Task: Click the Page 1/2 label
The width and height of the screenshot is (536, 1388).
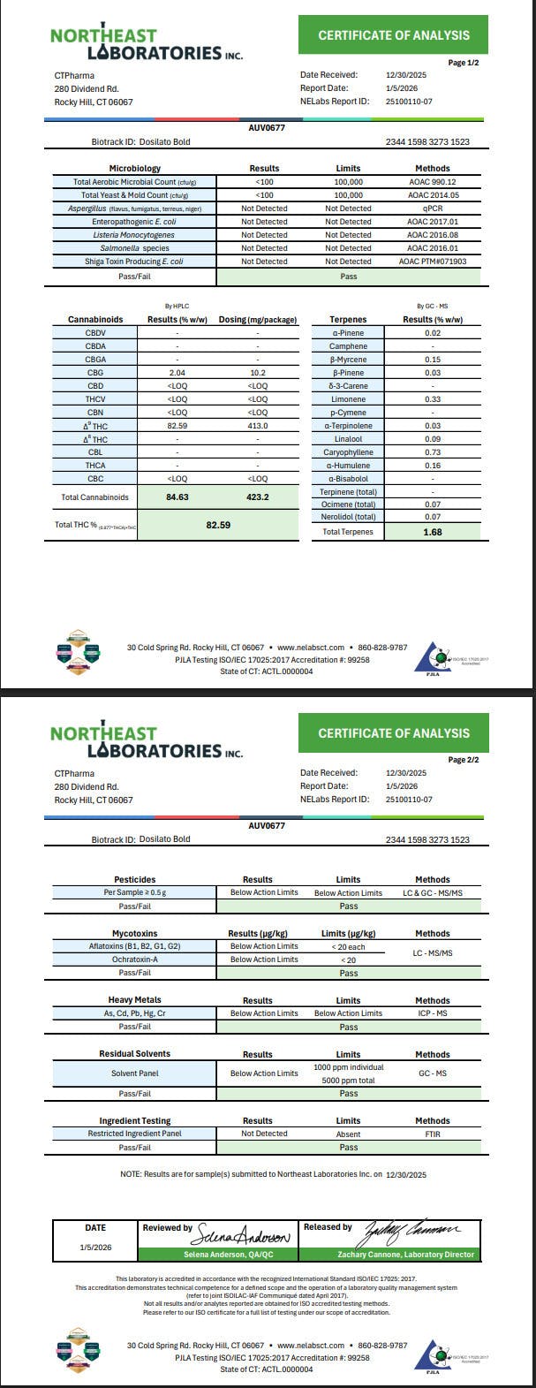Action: tap(464, 63)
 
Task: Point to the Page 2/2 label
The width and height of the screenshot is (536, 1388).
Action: tap(464, 760)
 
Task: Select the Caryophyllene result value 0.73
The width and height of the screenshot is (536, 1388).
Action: tap(432, 452)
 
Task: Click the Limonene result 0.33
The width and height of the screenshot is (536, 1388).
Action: tap(432, 399)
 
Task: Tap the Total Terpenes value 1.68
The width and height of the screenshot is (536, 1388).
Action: tap(432, 532)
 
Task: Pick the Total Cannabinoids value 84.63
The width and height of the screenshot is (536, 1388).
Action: tap(178, 497)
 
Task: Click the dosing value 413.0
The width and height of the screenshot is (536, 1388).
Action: tap(258, 426)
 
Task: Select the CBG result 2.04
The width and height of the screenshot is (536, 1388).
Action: tap(178, 373)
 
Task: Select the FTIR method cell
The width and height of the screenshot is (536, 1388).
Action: tap(432, 1134)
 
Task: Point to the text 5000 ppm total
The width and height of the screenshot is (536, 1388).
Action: tap(348, 1080)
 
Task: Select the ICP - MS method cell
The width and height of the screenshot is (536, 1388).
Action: tap(432, 1013)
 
